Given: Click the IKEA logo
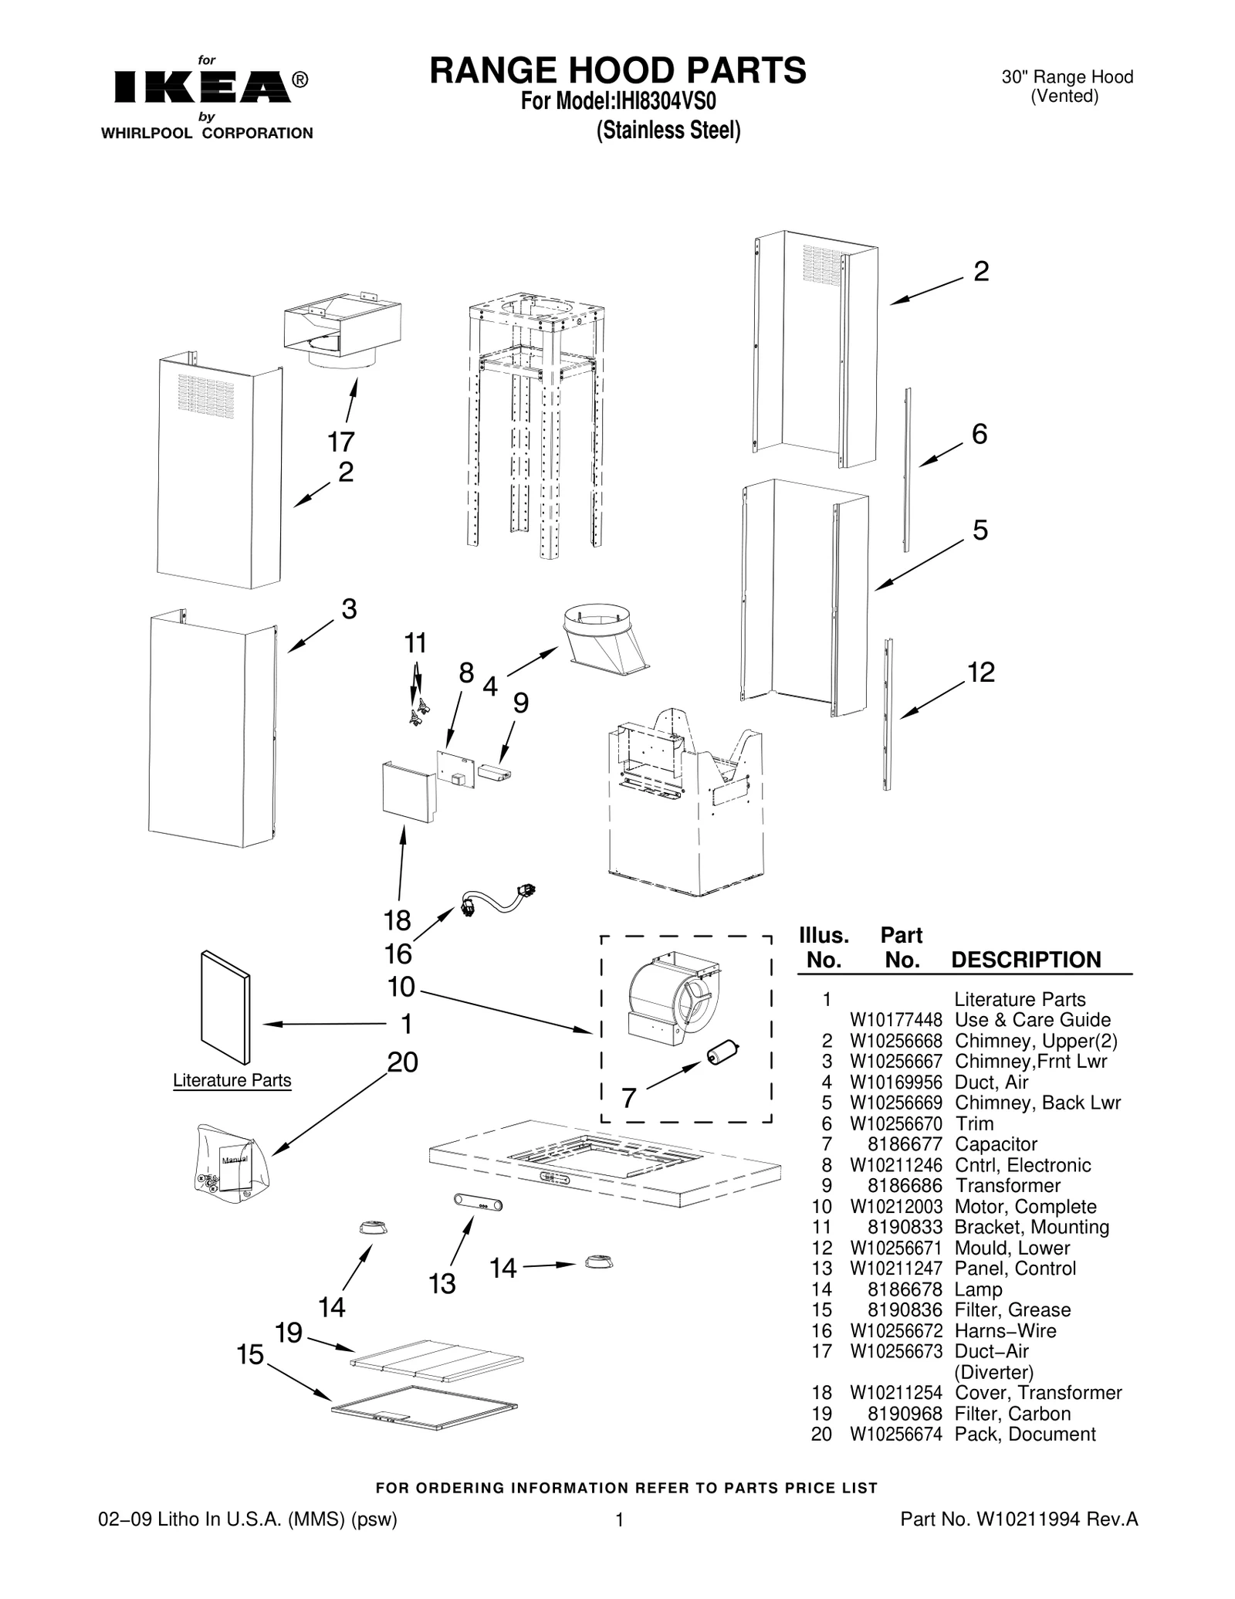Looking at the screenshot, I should click(x=202, y=87).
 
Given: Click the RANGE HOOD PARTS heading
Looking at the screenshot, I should click(x=617, y=70).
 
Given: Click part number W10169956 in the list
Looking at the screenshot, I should click(x=895, y=1082).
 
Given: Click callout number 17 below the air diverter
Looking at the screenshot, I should click(x=340, y=442).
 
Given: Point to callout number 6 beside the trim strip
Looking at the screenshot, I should click(x=979, y=435).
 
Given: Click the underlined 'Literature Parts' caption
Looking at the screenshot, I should click(x=232, y=1080).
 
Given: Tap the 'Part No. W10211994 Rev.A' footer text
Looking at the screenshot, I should click(x=1019, y=1519).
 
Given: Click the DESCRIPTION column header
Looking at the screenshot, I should click(x=1026, y=960).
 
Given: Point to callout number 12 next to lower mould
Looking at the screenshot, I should click(x=981, y=672).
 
